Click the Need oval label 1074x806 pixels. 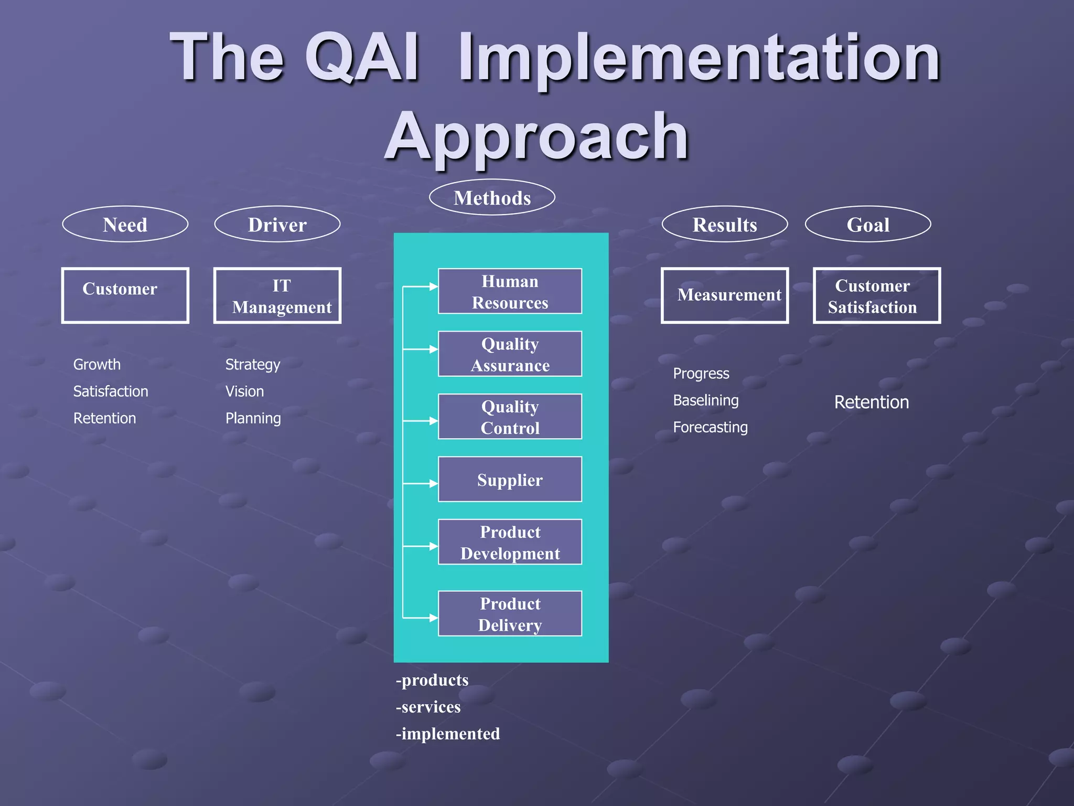pos(125,224)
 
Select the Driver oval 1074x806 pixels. pos(277,224)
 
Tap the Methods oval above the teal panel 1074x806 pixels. pos(492,197)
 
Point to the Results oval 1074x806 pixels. pos(724,224)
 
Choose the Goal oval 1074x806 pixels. pos(868,224)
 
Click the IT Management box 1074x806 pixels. pos(277,295)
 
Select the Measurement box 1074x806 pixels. pos(724,295)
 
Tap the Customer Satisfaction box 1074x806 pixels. pos(876,295)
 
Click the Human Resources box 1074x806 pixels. pos(510,291)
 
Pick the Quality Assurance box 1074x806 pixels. pos(510,354)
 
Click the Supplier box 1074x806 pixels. pos(510,479)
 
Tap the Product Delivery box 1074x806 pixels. pos(510,613)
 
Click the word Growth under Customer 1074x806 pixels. pos(96,364)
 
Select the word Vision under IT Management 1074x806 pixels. pos(244,391)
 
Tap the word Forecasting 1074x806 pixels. pos(710,427)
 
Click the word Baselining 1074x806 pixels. pos(705,400)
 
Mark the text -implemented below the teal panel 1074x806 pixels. pos(447,734)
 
